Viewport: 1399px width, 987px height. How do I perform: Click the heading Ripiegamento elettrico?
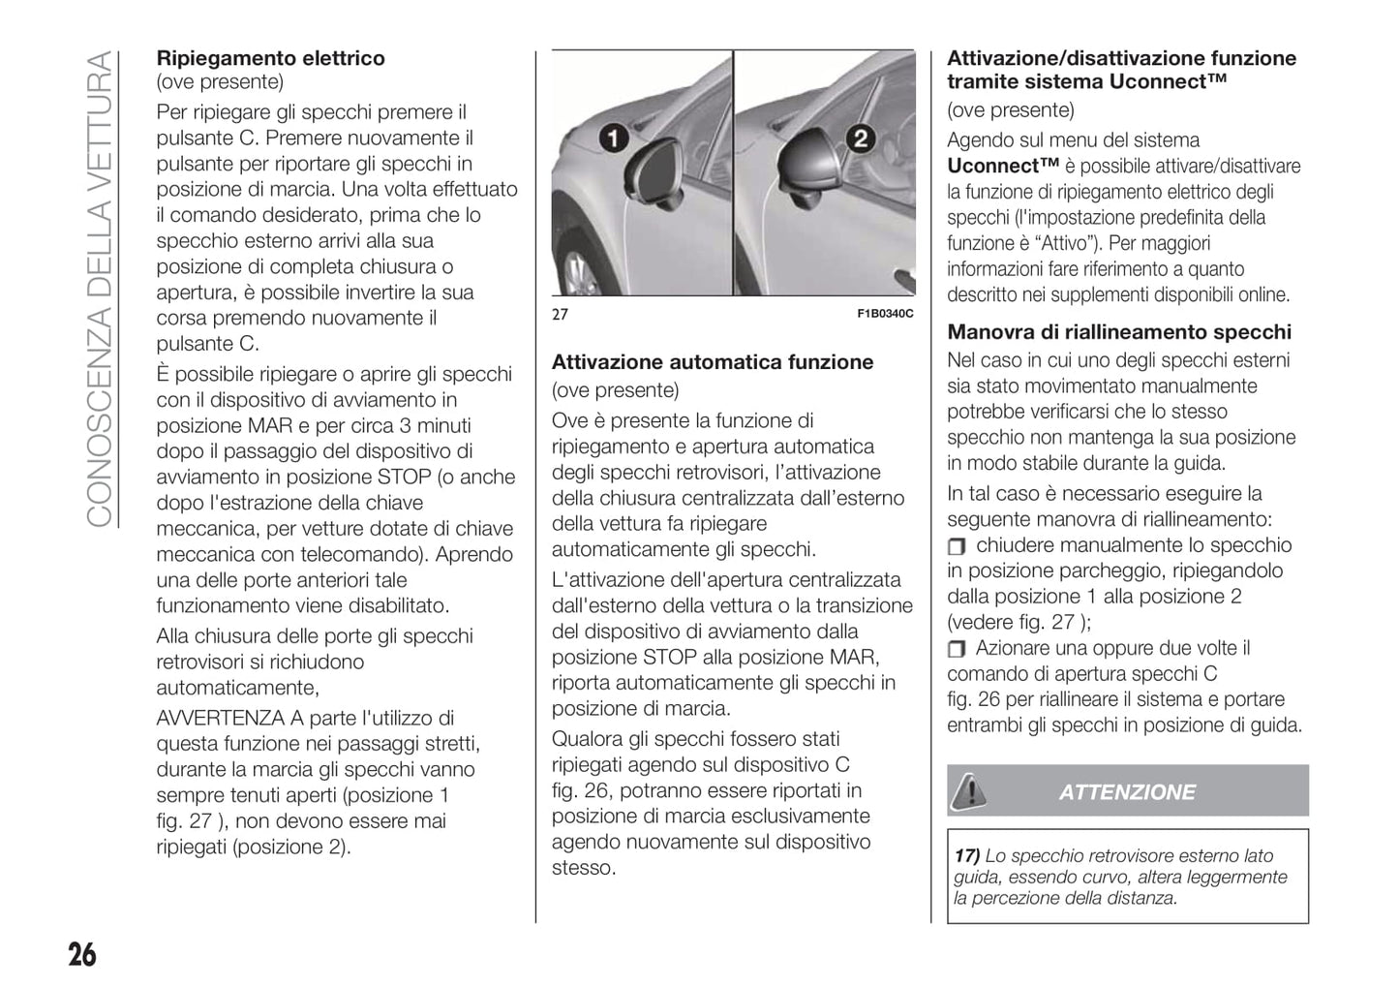point(270,58)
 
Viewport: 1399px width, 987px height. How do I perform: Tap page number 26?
point(82,955)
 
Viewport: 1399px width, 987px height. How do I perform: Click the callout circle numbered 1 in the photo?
point(612,139)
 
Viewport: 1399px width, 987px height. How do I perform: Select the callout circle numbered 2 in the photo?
point(859,138)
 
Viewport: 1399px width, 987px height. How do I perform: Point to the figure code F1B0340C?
point(885,314)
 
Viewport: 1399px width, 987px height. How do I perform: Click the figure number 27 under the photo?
point(560,314)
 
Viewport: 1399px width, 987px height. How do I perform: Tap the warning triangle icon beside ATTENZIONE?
point(967,791)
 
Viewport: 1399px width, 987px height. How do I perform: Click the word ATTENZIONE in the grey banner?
point(1126,792)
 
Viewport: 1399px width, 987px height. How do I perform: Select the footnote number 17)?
point(966,856)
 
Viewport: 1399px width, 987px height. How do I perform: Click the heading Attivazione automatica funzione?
point(712,362)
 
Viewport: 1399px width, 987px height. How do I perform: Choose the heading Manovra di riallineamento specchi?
point(1118,332)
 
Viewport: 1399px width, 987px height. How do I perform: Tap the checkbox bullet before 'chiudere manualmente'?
point(957,546)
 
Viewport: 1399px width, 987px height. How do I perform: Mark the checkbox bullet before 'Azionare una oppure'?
point(957,649)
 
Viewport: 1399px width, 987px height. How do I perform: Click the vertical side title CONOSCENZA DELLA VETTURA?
point(101,291)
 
